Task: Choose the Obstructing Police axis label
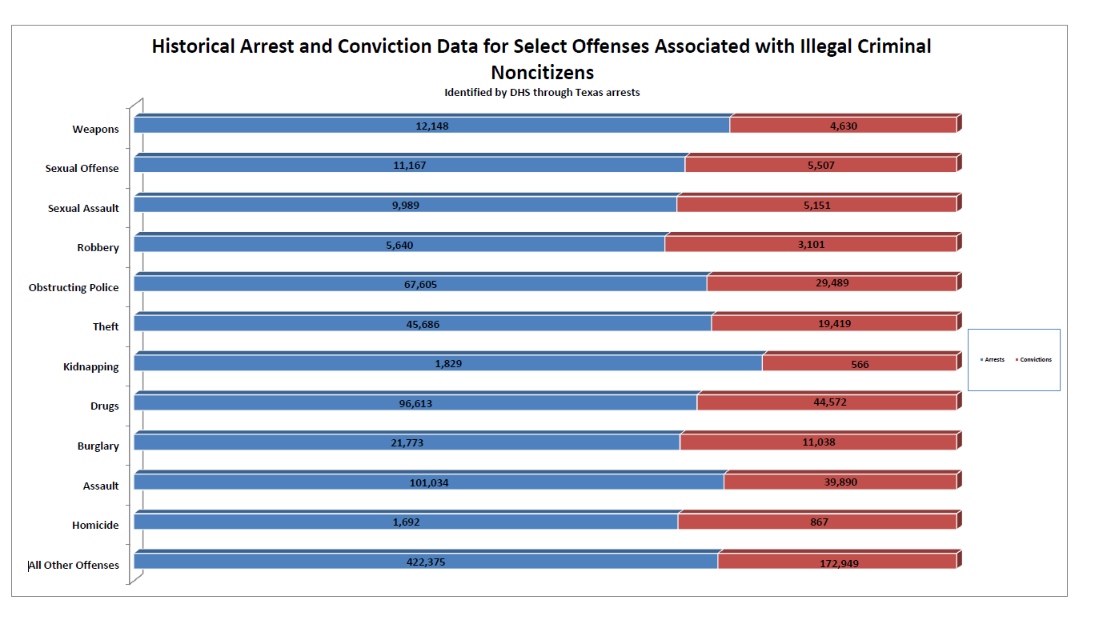point(74,287)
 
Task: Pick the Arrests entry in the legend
point(994,360)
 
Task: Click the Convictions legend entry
point(1035,360)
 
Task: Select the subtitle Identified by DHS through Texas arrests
point(542,92)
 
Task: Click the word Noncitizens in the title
point(542,72)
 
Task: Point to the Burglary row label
point(98,446)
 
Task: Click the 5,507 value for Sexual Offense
point(820,166)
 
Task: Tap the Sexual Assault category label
point(83,208)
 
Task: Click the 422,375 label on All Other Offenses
point(425,562)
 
